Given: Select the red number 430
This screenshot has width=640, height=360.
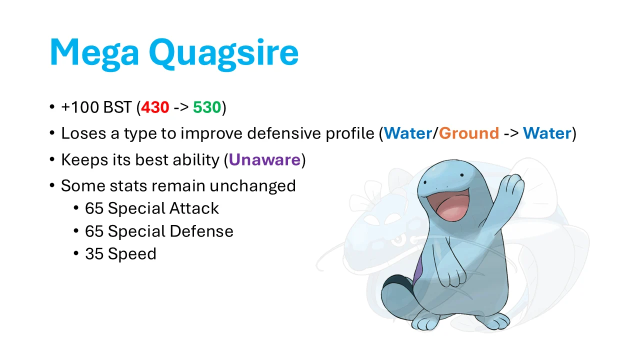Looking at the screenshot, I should pos(155,107).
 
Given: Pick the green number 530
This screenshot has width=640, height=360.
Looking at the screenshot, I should pos(207,107).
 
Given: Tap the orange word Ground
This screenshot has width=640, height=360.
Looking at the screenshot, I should pos(469,133).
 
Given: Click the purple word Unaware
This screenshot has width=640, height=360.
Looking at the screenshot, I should pos(264,159).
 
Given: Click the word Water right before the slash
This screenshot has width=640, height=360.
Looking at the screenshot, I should pos(407,133).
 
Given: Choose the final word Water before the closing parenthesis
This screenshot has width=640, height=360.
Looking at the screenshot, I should pos(546,133).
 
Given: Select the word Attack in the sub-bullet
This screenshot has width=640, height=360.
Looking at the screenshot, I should pos(194,208).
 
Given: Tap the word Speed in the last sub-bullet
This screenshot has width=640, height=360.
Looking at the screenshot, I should pos(132,254).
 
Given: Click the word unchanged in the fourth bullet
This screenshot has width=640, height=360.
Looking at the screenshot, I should pos(252,186).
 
